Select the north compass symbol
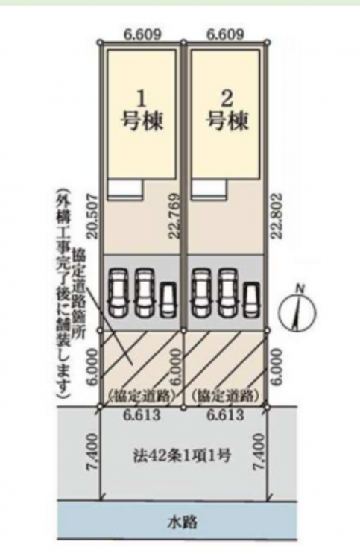tap(297, 310)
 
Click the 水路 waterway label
tap(182, 522)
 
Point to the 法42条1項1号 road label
tap(182, 455)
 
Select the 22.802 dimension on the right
tap(277, 216)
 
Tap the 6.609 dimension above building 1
tap(142, 34)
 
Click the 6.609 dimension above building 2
tap(226, 34)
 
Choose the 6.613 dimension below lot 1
tap(142, 414)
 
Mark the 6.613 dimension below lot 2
tap(226, 414)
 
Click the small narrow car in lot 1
tap(168, 300)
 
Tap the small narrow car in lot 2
tap(253, 300)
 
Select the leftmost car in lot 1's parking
tap(119, 293)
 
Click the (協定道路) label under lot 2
tap(224, 396)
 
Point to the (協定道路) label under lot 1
tap(142, 396)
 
